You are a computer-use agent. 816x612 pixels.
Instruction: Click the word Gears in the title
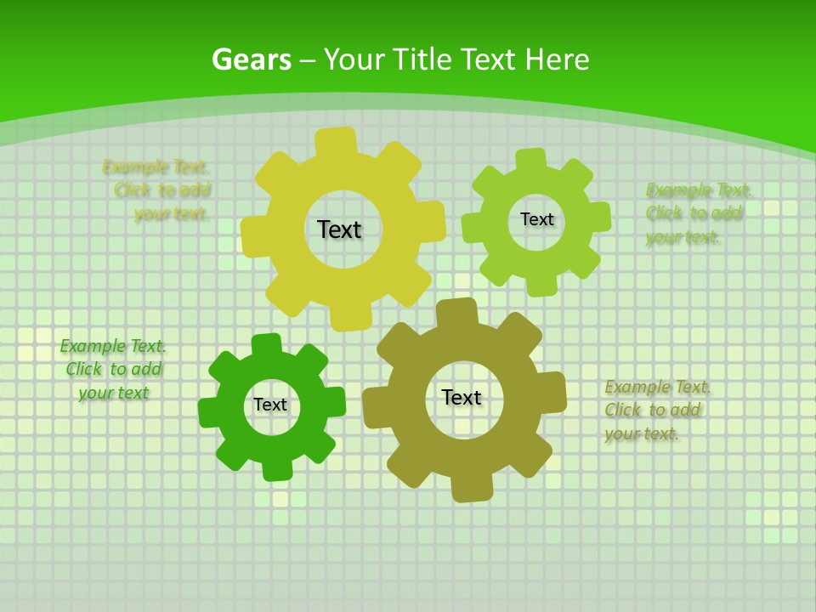251,59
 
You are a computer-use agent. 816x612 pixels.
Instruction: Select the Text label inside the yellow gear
339,229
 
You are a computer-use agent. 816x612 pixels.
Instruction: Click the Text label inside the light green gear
536,219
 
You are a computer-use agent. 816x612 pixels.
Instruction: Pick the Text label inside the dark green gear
270,405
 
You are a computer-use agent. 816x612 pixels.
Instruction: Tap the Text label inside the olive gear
462,397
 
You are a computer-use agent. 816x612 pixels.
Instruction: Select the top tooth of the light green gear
530,160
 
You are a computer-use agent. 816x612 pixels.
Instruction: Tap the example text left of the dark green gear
113,369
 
